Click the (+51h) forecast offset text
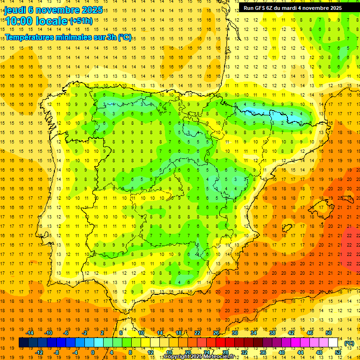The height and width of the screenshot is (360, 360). point(81,21)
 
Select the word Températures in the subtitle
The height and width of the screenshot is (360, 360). point(29,37)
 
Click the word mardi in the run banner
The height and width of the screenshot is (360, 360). point(290,8)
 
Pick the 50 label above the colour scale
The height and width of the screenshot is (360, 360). point(328,333)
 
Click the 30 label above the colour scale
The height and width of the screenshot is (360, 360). point(235,333)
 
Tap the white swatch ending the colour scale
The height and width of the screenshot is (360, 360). point(333,343)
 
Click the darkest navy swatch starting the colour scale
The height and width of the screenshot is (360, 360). point(23,343)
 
